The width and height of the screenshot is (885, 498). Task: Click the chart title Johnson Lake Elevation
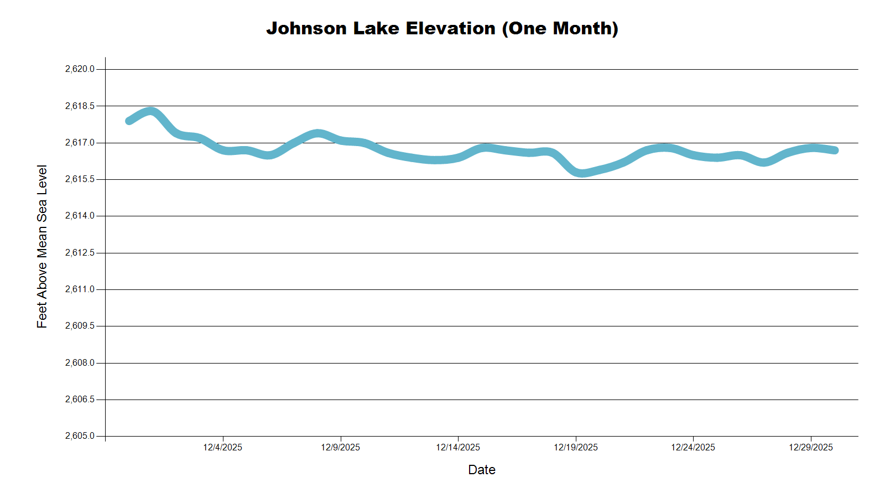tap(442, 28)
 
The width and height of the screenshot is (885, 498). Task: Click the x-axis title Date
tap(481, 470)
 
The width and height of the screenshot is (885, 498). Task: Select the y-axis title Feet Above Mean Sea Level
tap(42, 246)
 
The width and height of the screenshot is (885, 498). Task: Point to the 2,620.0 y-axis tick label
tap(80, 69)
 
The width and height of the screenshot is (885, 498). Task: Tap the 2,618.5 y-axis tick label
tap(80, 106)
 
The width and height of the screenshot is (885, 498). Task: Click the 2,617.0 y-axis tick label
tap(80, 143)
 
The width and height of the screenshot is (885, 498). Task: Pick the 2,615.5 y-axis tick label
tap(80, 179)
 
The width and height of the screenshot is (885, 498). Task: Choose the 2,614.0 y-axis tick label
tap(80, 216)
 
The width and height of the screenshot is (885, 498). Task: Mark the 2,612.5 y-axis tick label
tap(80, 253)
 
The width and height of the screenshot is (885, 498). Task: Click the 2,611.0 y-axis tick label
tap(80, 289)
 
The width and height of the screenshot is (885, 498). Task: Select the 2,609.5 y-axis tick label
tap(80, 326)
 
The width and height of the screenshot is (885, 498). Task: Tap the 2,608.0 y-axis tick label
tap(80, 363)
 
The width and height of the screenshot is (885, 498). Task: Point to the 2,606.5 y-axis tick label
tap(80, 400)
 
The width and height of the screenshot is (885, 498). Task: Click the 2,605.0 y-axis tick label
tap(80, 436)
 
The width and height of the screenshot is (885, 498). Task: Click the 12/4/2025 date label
tap(223, 447)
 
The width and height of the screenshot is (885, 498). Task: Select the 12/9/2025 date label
tap(340, 447)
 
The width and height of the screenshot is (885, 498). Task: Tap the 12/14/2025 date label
tap(458, 447)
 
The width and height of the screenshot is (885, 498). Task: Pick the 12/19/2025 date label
tap(576, 447)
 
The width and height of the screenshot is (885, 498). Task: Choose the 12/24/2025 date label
tap(693, 447)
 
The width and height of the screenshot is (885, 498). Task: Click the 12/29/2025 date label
tap(811, 447)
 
